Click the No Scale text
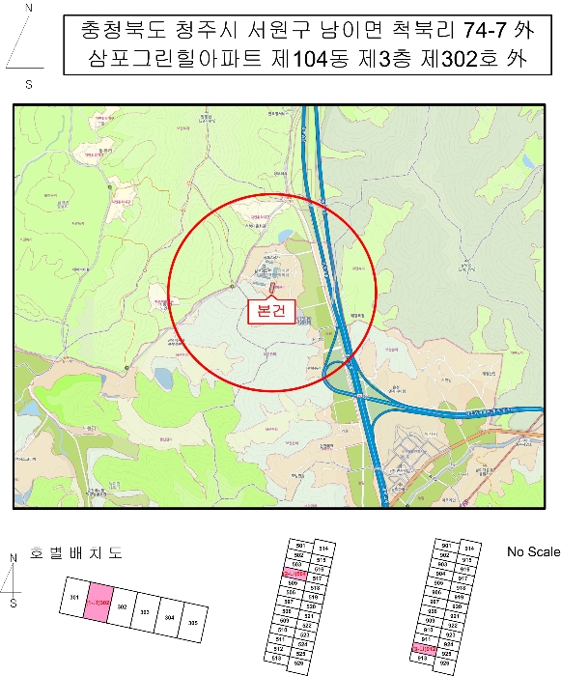click(533, 551)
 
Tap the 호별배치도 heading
click(77, 553)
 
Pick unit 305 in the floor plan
click(193, 622)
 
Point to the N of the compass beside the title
click(28, 8)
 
